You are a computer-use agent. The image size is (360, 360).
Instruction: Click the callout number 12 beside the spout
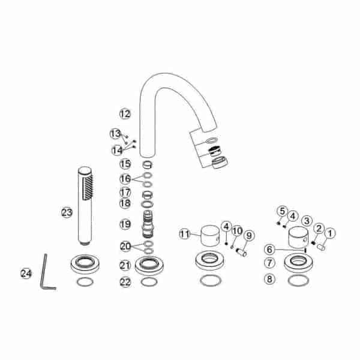coord(125,113)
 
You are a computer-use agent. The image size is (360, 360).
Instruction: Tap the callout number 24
coord(26,273)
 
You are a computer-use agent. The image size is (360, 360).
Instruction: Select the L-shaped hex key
coord(47,272)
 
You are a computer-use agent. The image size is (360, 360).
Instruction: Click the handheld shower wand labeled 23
coord(85,206)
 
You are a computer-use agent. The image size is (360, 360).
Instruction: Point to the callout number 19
coord(125,224)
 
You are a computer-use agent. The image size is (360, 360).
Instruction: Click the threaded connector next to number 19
coord(148,224)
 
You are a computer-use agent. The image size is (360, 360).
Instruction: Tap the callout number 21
coord(125,265)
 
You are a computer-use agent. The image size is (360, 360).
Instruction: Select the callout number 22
coord(125,282)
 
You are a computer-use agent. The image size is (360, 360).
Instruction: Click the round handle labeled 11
coord(210,236)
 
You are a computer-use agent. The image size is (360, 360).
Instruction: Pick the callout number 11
coord(185,234)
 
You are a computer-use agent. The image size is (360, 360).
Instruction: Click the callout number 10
coord(237,231)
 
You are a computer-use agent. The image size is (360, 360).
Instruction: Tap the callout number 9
coord(249,236)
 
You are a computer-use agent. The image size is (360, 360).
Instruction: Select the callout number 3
coord(307,221)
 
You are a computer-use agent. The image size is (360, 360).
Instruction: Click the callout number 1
coord(330,233)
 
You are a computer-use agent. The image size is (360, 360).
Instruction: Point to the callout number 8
coord(269,279)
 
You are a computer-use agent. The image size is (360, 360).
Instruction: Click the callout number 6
coord(269,250)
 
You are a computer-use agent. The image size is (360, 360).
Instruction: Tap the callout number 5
coord(283,211)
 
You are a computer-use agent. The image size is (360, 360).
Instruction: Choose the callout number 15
coord(125,164)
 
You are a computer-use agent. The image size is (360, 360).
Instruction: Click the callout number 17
coord(125,193)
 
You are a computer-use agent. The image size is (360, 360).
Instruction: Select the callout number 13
coord(115,134)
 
